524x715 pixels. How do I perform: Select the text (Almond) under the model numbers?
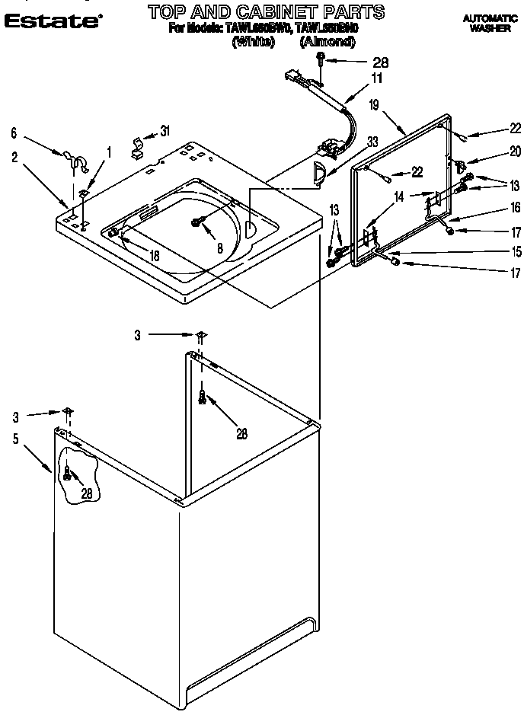[328, 43]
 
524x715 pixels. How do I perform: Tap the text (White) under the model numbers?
[252, 43]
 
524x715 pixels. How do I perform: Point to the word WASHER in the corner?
[490, 27]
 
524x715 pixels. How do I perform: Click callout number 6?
[12, 132]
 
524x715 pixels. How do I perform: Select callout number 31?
[165, 131]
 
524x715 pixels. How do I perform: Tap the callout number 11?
[355, 77]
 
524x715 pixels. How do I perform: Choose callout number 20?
[515, 150]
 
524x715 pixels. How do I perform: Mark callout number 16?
[515, 206]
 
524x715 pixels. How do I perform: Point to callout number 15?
[515, 251]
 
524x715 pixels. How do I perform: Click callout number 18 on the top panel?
[155, 255]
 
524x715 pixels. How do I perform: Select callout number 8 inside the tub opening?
[219, 247]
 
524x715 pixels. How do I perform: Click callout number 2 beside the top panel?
[14, 158]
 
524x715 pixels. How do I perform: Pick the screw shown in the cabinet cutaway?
[68, 474]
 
